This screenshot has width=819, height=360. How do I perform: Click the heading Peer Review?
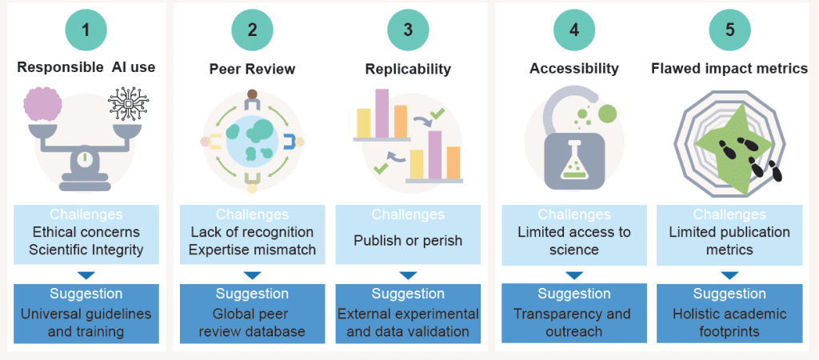(253, 69)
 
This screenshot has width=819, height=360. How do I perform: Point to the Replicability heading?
(408, 69)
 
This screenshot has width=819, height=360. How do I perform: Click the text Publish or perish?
(408, 240)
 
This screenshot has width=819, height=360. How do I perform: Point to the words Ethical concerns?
(86, 232)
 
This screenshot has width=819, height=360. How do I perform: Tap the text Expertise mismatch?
(253, 250)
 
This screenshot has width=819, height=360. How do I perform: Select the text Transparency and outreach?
(574, 322)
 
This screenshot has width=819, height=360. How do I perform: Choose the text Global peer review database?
(253, 322)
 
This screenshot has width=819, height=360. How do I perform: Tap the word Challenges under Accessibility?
(574, 214)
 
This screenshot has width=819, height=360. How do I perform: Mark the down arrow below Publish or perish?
(408, 274)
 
